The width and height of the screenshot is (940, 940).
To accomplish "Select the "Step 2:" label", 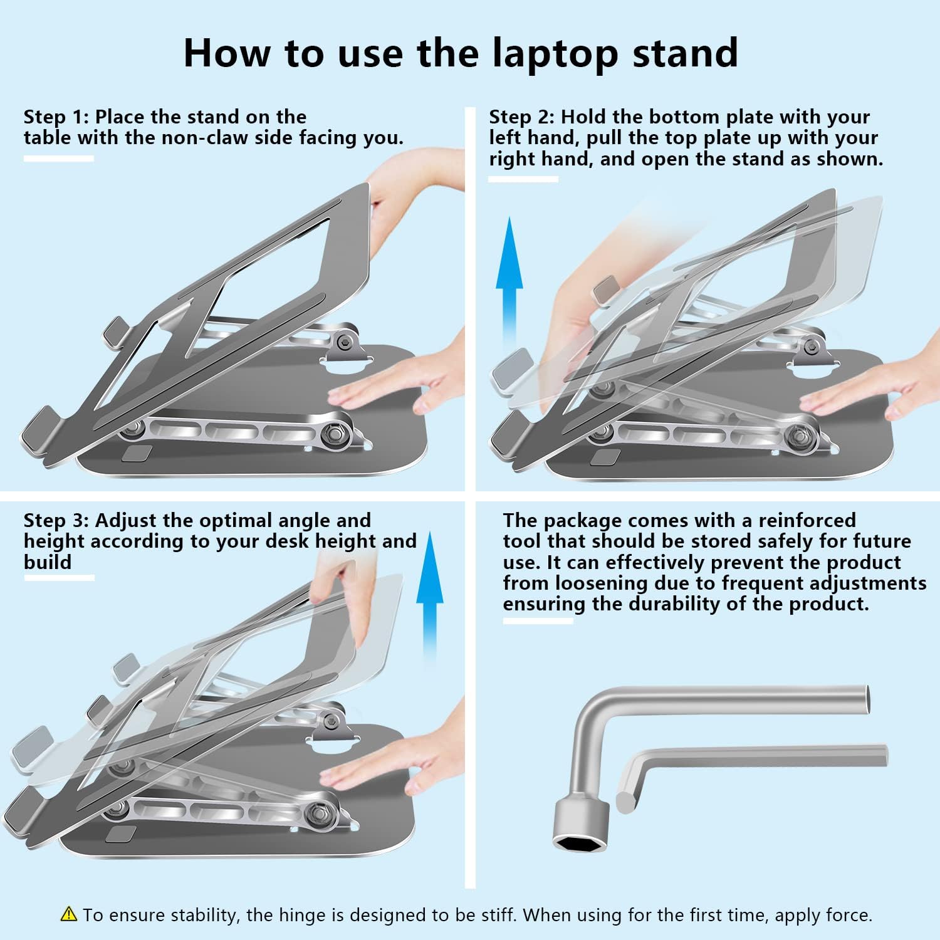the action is [x=522, y=117].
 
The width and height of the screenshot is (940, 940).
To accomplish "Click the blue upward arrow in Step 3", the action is [x=430, y=595].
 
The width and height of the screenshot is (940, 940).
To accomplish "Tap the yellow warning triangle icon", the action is [x=69, y=914].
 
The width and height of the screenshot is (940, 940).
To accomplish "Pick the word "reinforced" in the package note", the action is [x=807, y=521].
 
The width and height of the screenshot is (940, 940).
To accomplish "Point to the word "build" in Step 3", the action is [x=48, y=562].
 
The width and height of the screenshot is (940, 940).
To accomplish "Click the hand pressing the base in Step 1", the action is [x=389, y=382].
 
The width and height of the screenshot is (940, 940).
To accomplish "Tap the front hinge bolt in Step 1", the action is [x=332, y=433].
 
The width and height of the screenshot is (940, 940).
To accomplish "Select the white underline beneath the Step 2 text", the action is [x=523, y=179].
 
